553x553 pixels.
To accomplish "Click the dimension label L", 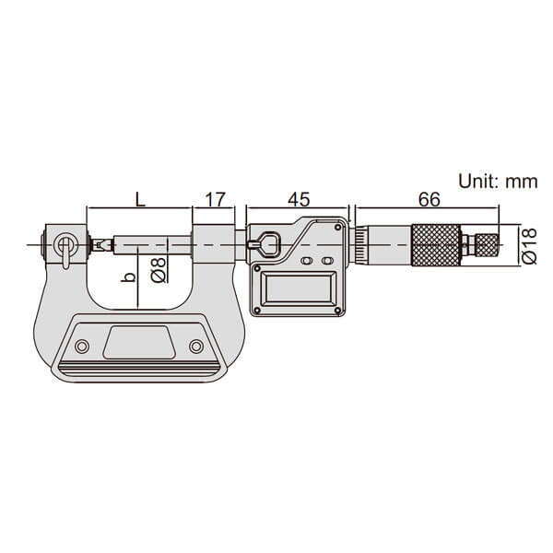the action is [140, 200].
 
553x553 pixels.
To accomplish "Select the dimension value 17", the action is [215, 200].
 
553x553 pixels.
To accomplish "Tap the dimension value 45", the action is [299, 200].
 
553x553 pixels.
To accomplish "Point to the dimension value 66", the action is [429, 200].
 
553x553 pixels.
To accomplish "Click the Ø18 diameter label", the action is [529, 246].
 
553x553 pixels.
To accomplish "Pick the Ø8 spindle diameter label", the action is [159, 270].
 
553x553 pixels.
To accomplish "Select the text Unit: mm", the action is [498, 182].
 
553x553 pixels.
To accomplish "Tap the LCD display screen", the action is [298, 288].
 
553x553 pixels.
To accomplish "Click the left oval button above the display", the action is [307, 261].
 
